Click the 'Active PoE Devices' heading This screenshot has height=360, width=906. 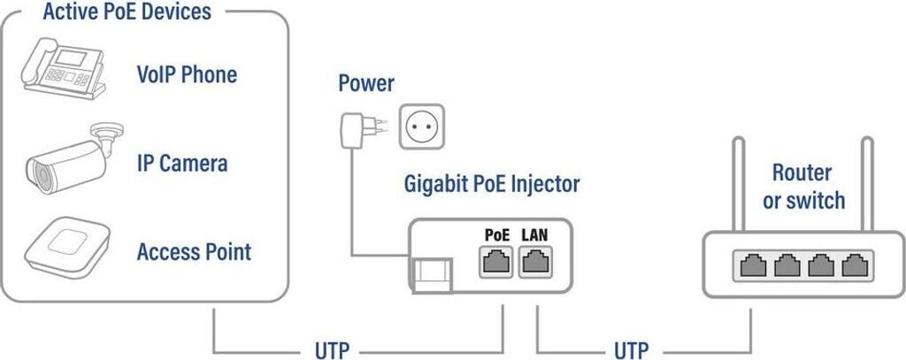click(x=126, y=12)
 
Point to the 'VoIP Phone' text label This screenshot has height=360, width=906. click(x=187, y=74)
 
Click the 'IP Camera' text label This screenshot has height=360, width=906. click(x=182, y=163)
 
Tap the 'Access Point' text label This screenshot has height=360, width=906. click(x=194, y=252)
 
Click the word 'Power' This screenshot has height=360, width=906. click(x=366, y=85)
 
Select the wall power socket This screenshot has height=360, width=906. click(x=421, y=126)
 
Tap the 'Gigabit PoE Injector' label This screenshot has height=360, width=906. click(x=491, y=185)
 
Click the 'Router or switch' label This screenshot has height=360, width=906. click(x=803, y=186)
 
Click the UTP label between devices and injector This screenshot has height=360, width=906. click(x=332, y=349)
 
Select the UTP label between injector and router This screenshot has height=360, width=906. click(x=631, y=349)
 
